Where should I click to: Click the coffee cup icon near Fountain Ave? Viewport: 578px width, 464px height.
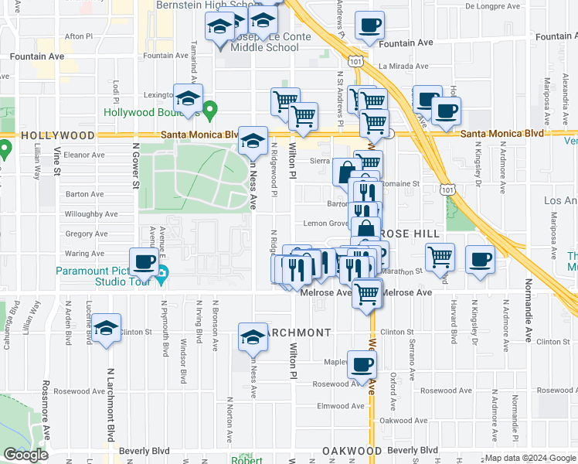(370, 26)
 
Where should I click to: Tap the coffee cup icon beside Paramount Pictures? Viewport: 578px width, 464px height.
(144, 262)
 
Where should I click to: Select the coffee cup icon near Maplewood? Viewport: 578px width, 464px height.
(362, 363)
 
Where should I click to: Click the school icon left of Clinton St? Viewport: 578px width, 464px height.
(107, 330)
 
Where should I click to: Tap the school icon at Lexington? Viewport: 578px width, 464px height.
(187, 98)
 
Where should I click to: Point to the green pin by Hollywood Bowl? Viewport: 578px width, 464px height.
(209, 111)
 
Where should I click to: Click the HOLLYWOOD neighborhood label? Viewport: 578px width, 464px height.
(48, 135)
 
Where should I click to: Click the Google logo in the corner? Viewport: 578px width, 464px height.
(25, 455)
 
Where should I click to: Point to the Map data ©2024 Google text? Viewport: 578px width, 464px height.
(529, 458)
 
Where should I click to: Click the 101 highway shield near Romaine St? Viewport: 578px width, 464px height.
(447, 188)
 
